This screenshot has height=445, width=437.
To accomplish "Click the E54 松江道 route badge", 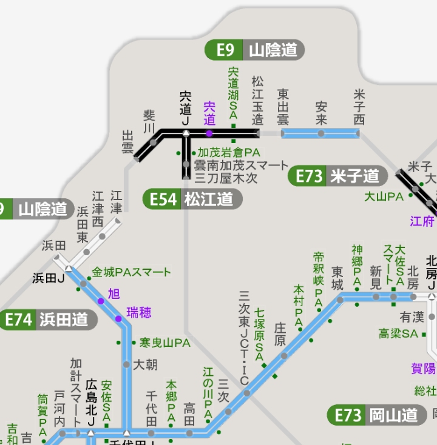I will click(192, 199).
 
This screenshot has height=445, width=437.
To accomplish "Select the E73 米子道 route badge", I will click(337, 176).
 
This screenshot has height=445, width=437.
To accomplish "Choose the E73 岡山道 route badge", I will click(376, 415).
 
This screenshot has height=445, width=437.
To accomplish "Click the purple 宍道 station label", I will click(209, 113).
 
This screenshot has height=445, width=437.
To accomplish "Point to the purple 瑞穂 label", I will click(139, 313).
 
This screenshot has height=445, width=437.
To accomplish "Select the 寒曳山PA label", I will click(164, 343).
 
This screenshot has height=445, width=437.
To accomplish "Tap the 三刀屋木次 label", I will click(226, 178).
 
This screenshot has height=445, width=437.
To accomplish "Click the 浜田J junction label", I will click(49, 278).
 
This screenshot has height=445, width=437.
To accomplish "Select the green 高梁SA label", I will click(398, 333).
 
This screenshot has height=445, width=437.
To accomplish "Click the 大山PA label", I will click(384, 196).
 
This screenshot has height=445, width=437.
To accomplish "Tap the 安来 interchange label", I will click(321, 111).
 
